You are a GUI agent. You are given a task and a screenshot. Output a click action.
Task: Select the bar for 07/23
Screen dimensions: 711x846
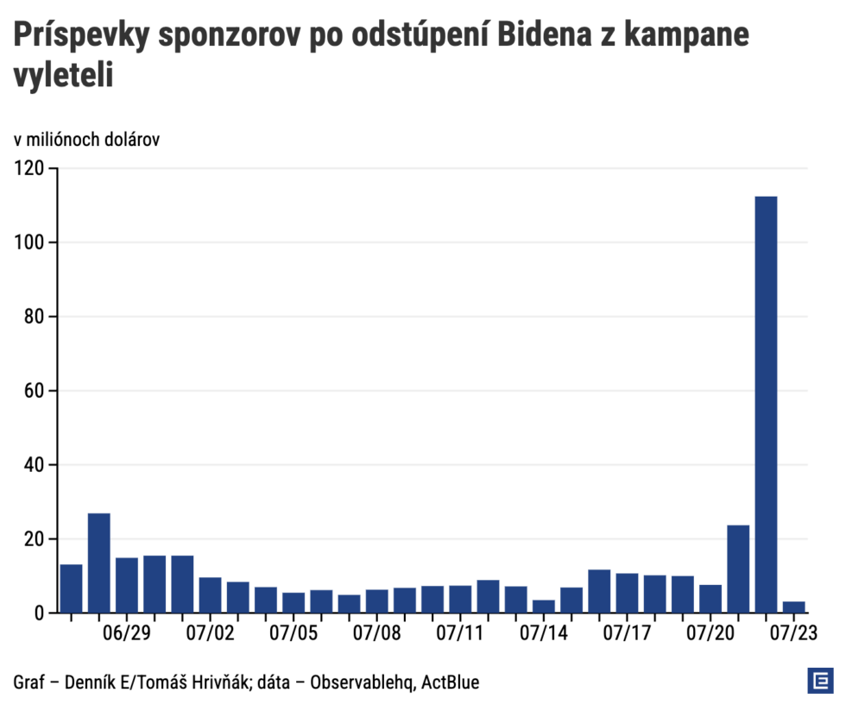coord(793,607)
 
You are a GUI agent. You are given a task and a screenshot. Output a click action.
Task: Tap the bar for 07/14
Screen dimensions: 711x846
coord(544,606)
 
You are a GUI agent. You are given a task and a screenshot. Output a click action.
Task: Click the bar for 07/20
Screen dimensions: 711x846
coord(710,598)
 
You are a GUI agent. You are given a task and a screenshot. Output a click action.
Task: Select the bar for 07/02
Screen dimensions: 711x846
coord(210,595)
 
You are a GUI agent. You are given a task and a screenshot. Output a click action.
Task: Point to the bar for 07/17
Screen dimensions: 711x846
coord(627,593)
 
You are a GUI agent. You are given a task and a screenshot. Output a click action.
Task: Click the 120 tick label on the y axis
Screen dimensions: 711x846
coord(29,168)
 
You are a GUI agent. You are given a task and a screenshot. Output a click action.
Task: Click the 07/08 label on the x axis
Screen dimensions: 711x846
coord(376,634)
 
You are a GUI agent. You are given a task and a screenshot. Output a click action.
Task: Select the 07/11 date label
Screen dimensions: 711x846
coord(460,634)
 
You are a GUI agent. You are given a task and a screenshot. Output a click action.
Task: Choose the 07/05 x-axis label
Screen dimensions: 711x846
coord(293,634)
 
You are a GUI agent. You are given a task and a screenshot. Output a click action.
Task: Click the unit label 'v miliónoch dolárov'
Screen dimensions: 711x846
coord(86,140)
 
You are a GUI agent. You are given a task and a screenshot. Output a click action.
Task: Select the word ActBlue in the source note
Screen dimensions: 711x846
coord(451,683)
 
